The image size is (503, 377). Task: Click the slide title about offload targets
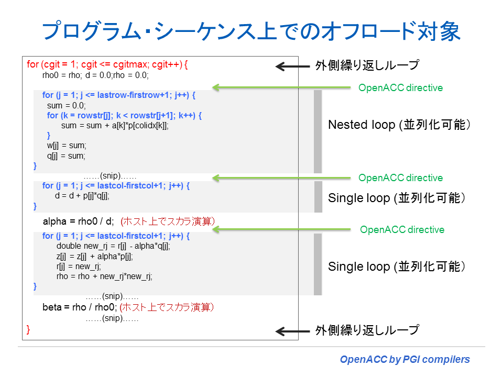tap(251, 31)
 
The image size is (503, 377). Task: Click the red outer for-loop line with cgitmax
tap(107, 64)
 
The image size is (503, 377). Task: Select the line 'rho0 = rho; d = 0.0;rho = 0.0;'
tap(95, 75)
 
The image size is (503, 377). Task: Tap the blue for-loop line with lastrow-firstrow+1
tap(119, 95)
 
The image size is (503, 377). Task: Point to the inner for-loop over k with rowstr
tap(124, 115)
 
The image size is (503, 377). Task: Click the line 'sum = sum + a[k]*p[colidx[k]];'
tap(115, 126)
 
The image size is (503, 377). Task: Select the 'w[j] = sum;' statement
tap(67, 146)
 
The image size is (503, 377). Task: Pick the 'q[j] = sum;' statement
tap(66, 156)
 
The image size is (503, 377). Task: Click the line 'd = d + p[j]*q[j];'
tap(82, 196)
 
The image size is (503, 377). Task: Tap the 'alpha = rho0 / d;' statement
tap(78, 221)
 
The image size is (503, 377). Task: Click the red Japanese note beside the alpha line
tap(168, 221)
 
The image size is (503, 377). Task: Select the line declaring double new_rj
tap(113, 246)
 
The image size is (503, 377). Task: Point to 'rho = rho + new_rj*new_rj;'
tap(104, 276)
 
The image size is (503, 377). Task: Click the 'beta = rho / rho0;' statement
tap(80, 307)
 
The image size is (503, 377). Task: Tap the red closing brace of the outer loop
tap(28, 329)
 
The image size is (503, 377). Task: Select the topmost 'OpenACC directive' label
tap(400, 88)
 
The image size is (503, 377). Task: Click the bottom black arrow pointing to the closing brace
tap(292, 331)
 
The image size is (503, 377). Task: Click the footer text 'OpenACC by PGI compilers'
tap(405, 360)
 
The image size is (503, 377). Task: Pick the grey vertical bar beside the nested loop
tap(318, 131)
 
